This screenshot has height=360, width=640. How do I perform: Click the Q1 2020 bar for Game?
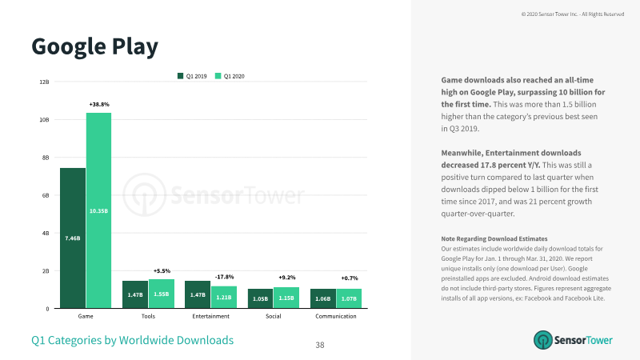[x=98, y=210]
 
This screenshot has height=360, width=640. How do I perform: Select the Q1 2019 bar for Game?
[x=73, y=238]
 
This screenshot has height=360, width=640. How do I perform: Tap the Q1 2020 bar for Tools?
[x=162, y=294]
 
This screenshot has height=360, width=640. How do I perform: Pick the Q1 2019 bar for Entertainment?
[x=198, y=294]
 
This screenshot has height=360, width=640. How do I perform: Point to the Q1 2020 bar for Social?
[x=286, y=298]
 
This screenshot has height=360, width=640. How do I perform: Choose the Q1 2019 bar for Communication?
[x=323, y=298]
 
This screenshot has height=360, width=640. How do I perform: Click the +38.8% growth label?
[x=99, y=105]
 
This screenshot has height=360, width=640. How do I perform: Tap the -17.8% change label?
[x=225, y=277]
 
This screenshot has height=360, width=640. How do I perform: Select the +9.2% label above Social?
[x=287, y=278]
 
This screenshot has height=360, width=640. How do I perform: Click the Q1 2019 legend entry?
[x=192, y=76]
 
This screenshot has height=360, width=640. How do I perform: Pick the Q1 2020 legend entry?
[x=230, y=76]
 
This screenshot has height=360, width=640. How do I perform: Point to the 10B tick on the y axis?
[x=44, y=119]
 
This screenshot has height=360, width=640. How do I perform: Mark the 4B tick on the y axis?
[x=46, y=233]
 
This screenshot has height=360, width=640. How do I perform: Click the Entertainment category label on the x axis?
[x=210, y=316]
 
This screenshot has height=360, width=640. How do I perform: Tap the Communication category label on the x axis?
[x=335, y=316]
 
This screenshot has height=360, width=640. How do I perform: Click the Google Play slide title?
[x=94, y=47]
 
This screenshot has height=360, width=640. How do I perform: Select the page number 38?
[x=320, y=346]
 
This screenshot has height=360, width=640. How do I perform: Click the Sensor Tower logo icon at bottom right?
[x=543, y=340]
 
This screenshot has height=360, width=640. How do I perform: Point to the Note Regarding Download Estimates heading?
[x=494, y=238]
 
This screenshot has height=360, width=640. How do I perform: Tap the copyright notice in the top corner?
[x=573, y=14]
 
